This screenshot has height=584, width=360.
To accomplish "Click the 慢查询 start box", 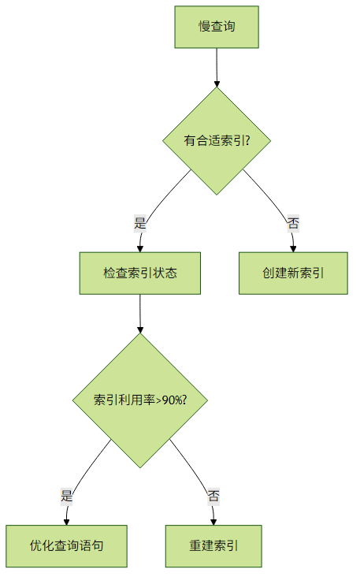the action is (x=217, y=27).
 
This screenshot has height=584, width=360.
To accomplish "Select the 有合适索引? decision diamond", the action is (x=217, y=141).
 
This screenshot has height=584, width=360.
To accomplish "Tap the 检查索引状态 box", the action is (x=140, y=273).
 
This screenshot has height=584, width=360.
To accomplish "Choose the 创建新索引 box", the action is (x=293, y=273).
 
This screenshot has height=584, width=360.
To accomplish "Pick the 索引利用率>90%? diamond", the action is (x=140, y=400).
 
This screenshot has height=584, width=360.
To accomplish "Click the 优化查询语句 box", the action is (x=66, y=546).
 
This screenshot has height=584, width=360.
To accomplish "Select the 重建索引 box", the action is (x=213, y=546).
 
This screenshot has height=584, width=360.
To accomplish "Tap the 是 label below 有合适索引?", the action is (x=140, y=224).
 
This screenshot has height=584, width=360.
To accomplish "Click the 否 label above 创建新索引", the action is (x=293, y=224).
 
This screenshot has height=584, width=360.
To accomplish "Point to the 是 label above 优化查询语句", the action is (x=66, y=496).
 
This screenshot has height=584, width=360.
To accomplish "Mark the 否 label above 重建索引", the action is (x=213, y=496).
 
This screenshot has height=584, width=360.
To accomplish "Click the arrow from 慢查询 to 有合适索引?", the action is (x=217, y=68).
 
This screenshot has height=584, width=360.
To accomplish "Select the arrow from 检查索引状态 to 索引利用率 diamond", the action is (x=140, y=314).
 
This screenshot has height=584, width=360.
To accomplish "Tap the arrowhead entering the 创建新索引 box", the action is (x=293, y=249).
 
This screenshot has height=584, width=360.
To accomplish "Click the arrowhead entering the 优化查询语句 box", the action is (x=66, y=522).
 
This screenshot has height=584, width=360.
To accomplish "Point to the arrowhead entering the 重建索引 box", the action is (x=213, y=522).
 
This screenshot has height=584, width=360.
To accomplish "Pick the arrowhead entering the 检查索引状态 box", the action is (x=140, y=249).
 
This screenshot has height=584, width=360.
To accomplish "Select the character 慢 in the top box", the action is (x=204, y=27).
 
